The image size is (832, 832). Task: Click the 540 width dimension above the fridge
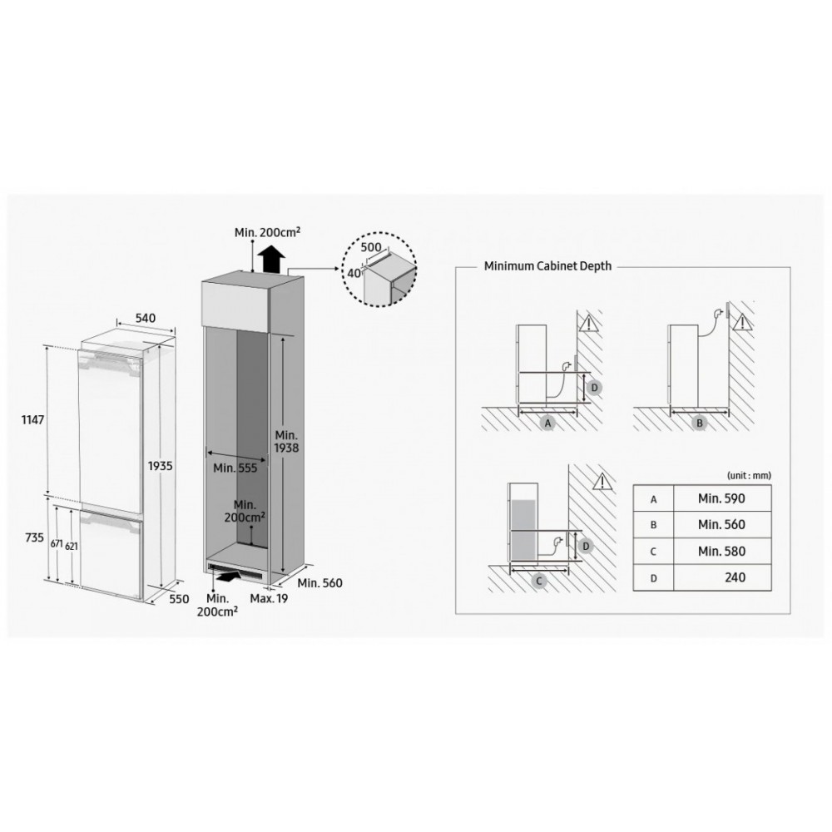146,318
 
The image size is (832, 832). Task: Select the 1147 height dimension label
33,419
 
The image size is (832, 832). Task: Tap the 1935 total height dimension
161,466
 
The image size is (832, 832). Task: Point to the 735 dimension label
34,537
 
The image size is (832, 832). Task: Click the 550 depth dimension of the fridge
179,598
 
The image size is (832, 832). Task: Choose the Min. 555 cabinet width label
235,468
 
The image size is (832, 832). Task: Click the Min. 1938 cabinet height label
286,442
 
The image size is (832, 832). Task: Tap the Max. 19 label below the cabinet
269,598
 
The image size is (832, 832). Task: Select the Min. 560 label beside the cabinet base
320,582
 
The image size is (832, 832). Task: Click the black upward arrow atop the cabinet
271,259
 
